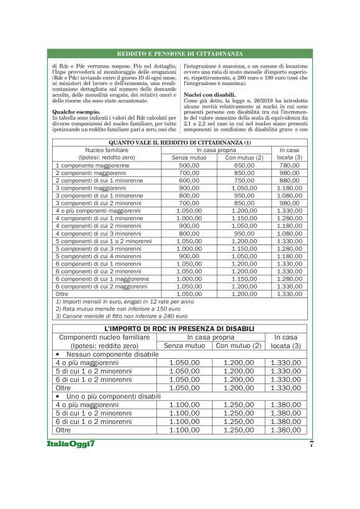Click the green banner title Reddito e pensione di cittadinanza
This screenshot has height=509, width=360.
click(x=180, y=54)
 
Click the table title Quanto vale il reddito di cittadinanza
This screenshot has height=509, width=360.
click(x=180, y=142)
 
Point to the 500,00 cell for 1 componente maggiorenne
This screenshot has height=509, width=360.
click(x=189, y=166)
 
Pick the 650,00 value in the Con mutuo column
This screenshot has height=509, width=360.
click(x=239, y=166)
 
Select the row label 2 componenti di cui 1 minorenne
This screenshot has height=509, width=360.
click(x=99, y=181)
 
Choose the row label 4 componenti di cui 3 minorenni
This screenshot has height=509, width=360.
click(x=99, y=233)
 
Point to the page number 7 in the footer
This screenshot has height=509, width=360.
click(x=311, y=444)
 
